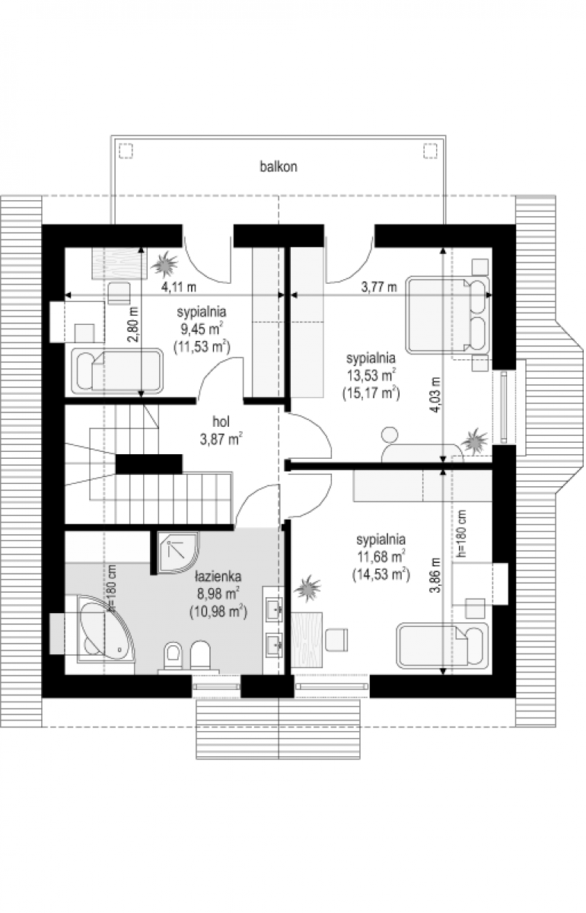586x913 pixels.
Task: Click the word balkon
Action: click(279, 167)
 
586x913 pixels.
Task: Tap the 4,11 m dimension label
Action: click(179, 287)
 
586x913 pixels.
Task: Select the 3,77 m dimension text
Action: click(379, 287)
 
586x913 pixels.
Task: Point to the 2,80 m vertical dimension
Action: click(135, 325)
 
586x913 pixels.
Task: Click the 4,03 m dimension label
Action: click(435, 395)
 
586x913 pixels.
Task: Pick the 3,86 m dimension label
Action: click(435, 575)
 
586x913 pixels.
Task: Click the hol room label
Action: click(221, 422)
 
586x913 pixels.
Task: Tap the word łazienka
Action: click(218, 577)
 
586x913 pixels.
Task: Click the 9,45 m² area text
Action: click(202, 329)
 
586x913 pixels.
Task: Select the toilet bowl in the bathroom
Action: click(174, 656)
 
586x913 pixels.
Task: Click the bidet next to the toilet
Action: click(200, 655)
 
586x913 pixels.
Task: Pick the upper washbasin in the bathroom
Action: click(274, 609)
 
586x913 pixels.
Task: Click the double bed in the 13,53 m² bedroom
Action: click(447, 315)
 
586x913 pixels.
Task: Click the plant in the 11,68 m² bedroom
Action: click(307, 588)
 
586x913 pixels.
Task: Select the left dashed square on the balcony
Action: click(126, 151)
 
